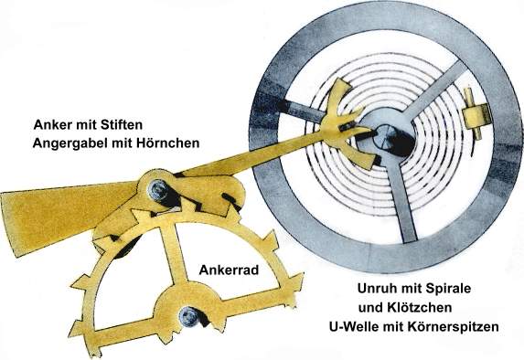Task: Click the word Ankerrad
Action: (x=227, y=270)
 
